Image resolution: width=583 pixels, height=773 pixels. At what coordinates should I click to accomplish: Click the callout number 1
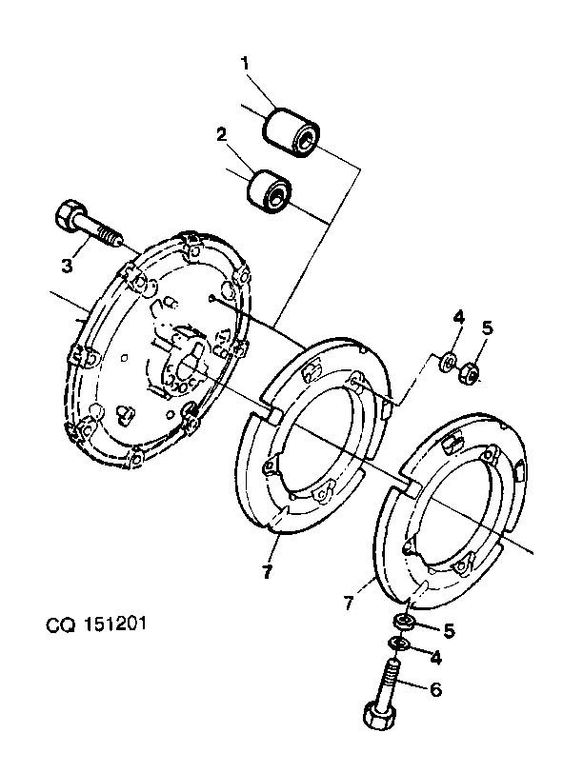[245, 64]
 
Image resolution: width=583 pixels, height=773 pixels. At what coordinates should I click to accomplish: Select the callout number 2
[221, 134]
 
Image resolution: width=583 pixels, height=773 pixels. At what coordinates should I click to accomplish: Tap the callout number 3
[67, 266]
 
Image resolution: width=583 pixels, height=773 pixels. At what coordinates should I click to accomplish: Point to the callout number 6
[436, 689]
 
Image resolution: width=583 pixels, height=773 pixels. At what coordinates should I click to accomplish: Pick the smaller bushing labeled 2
[270, 191]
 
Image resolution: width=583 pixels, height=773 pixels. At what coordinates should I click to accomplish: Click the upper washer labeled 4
[449, 364]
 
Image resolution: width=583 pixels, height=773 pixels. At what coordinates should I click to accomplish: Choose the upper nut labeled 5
[469, 373]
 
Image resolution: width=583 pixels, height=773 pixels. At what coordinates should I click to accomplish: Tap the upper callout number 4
[459, 316]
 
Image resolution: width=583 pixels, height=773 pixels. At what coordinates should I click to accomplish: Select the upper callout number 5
[488, 327]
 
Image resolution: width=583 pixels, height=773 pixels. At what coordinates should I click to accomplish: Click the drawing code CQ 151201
[96, 624]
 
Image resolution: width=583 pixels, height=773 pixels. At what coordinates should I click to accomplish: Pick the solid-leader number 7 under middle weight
[267, 571]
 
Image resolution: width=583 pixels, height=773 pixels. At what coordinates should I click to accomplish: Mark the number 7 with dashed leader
[349, 603]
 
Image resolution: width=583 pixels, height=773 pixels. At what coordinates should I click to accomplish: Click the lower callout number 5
[449, 630]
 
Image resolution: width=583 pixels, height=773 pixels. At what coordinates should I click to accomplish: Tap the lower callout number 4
[436, 657]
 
